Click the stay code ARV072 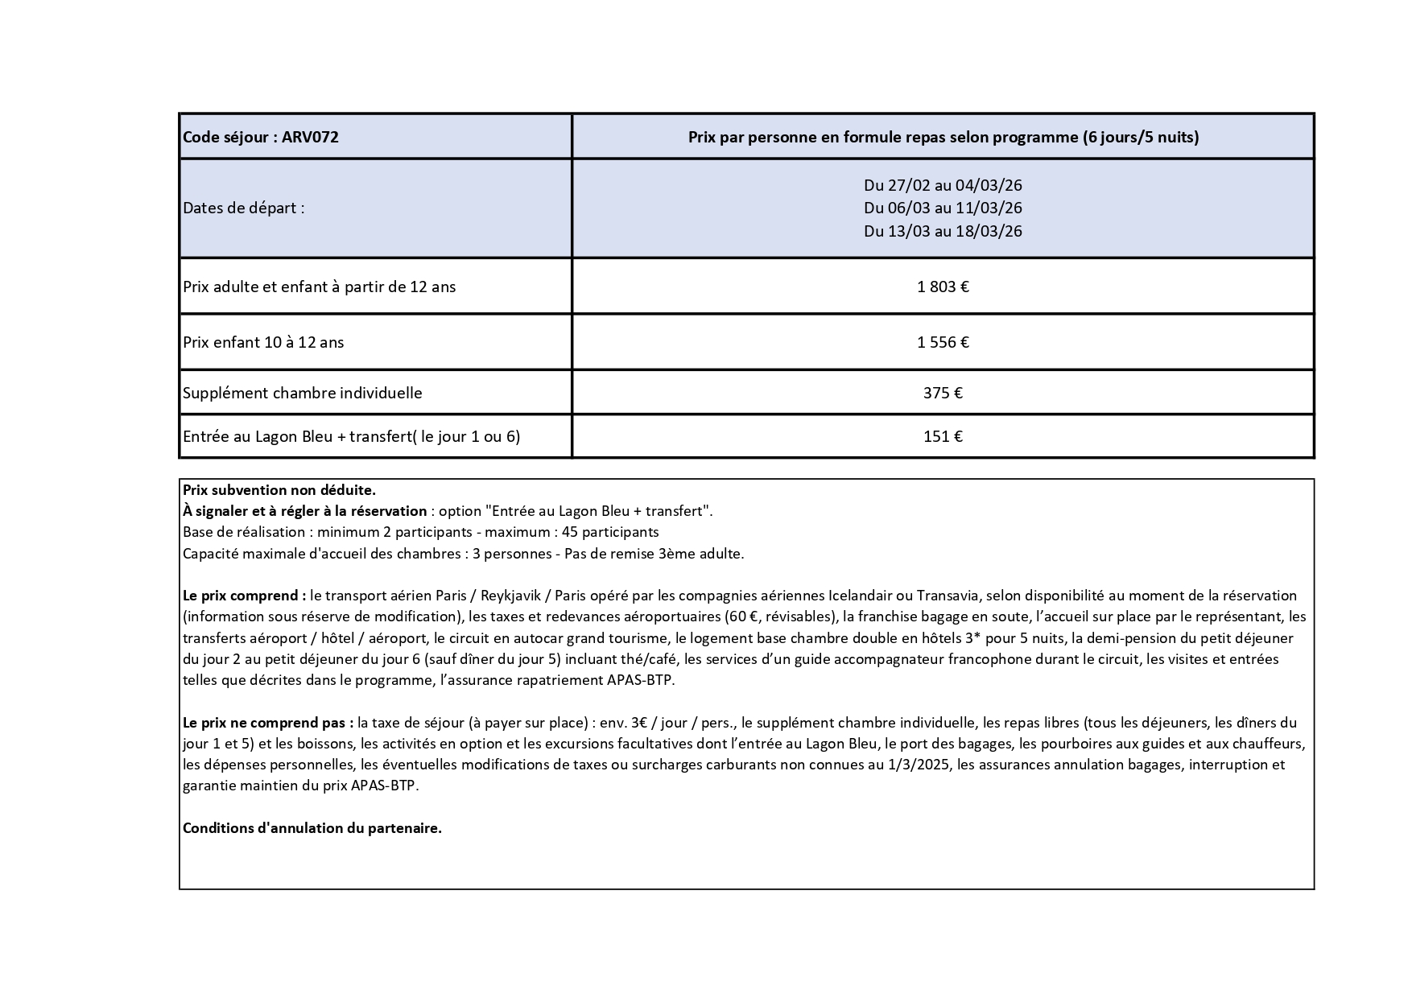tap(310, 137)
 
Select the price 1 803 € tap(943, 287)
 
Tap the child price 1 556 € tap(943, 342)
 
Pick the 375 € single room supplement tap(943, 393)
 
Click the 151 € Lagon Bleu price tap(943, 436)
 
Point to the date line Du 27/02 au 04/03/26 tap(943, 185)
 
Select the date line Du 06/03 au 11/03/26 tap(943, 208)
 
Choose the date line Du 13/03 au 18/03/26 tap(943, 231)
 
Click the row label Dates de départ tap(244, 208)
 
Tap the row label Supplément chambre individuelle tap(303, 393)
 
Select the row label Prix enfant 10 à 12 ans tap(263, 342)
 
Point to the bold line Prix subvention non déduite tap(279, 489)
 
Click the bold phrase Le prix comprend tap(244, 596)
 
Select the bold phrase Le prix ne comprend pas tap(268, 723)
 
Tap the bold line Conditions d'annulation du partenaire tap(312, 828)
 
